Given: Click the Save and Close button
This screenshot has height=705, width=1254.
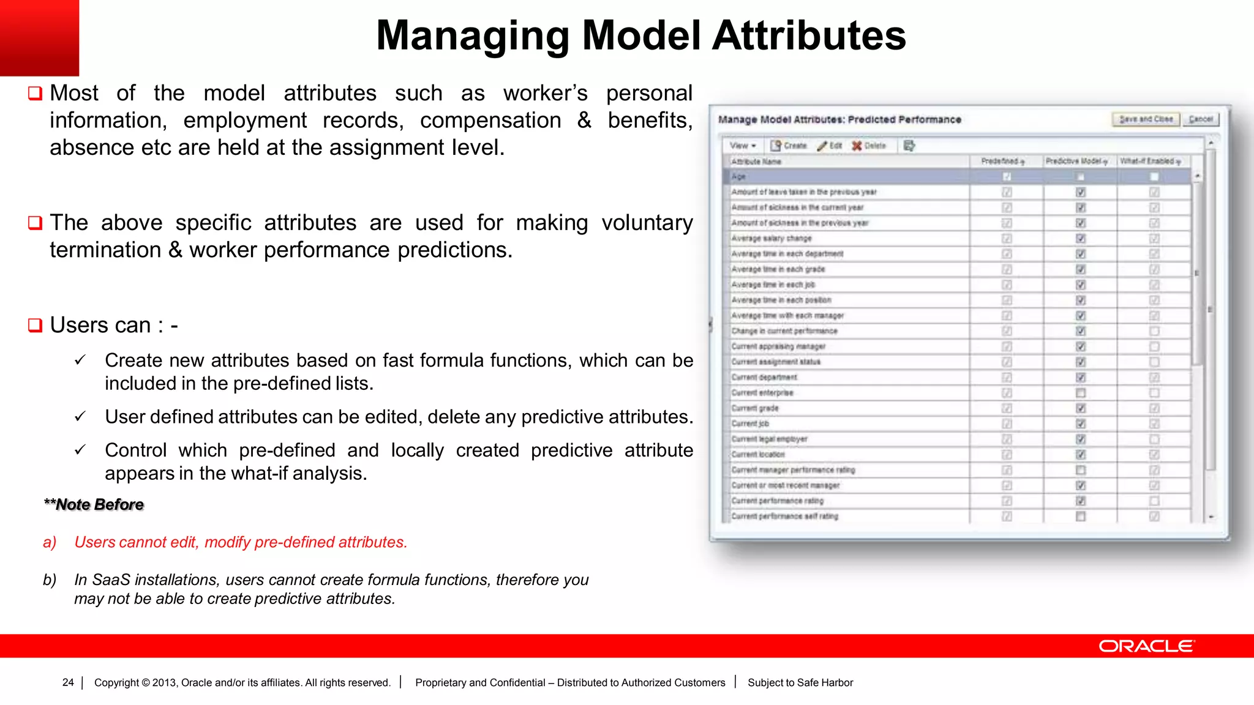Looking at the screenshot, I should click(1145, 119).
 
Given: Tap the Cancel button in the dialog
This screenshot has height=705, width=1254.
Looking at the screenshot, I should click(1201, 119).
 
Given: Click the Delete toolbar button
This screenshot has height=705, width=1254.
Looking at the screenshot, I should click(869, 146).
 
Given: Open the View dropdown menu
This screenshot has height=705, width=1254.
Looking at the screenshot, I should click(743, 146).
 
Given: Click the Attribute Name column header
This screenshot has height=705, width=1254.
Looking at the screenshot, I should click(756, 162).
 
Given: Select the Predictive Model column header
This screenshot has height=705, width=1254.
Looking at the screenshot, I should click(1076, 161).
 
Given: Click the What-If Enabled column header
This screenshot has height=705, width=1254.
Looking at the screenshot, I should click(1150, 161).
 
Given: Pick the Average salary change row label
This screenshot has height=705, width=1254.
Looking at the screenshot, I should click(772, 239).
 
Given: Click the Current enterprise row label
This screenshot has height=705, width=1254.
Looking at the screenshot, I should click(762, 393).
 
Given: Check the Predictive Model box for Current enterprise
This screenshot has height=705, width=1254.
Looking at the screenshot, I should click(1081, 393).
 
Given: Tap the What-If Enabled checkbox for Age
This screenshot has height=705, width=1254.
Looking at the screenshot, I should click(1154, 177).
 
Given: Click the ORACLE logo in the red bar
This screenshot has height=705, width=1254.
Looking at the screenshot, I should click(1146, 646).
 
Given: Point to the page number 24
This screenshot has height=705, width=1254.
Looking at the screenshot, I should click(68, 682).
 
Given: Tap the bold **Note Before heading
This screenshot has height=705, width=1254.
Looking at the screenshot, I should click(94, 505).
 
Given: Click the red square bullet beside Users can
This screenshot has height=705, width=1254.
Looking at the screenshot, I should click(36, 325).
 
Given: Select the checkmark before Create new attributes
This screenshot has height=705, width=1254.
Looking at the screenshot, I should click(80, 360).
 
